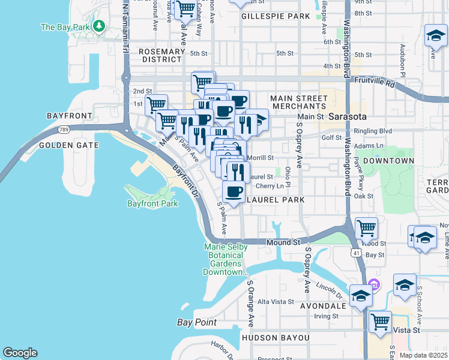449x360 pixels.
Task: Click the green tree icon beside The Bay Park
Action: [100, 26]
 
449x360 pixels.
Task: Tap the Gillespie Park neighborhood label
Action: [276, 16]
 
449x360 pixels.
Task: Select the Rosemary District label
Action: [161, 55]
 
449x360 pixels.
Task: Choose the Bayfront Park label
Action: [152, 204]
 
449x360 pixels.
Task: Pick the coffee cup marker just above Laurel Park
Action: [233, 192]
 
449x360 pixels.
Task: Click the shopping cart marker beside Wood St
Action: [366, 228]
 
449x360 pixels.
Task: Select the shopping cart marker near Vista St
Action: [381, 322]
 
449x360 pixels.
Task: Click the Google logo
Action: [20, 353]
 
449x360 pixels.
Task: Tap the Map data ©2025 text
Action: [423, 355]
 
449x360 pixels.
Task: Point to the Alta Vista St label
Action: [275, 302]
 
